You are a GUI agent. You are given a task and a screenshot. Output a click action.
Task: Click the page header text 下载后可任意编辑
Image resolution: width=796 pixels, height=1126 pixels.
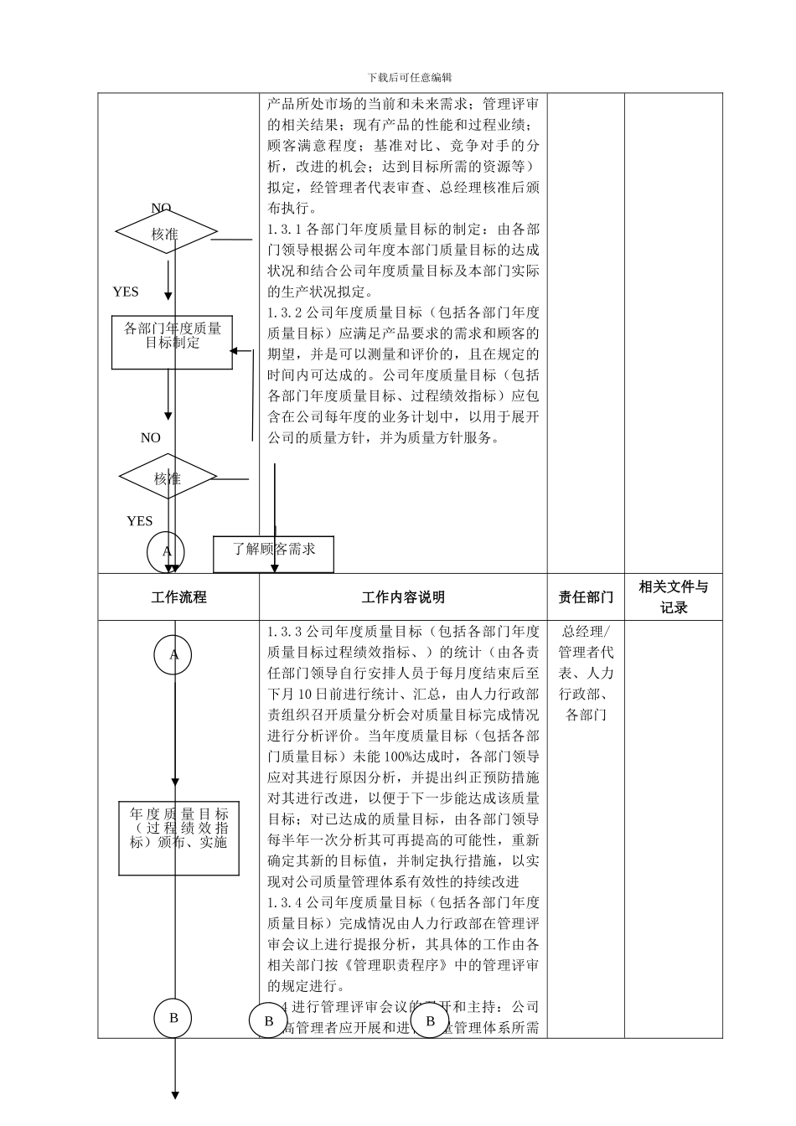[410, 77]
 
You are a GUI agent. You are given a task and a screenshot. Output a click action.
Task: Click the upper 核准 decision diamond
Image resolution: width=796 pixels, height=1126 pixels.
[166, 233]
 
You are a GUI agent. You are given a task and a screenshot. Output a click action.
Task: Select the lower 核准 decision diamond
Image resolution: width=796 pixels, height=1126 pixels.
[168, 478]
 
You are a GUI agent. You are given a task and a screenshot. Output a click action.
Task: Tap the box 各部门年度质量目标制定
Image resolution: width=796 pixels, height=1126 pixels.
[173, 342]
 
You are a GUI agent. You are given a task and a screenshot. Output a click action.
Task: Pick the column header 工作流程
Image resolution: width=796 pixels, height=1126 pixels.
[178, 597]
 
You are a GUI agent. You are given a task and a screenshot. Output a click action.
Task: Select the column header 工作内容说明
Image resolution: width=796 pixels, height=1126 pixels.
[403, 597]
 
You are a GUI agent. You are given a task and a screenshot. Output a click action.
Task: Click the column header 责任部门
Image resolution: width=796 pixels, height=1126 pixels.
[586, 597]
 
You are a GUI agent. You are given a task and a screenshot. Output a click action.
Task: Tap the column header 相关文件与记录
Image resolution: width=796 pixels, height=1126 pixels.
[673, 597]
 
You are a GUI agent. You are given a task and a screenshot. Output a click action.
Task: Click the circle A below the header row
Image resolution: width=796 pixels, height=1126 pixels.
[173, 655]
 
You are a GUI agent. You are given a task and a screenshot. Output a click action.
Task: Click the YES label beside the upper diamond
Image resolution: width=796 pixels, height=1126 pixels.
[126, 292]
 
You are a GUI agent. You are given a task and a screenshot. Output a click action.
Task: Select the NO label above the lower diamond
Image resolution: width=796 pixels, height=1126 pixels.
[150, 437]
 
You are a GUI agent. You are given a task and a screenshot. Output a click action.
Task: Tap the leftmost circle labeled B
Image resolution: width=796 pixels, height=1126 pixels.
[173, 1018]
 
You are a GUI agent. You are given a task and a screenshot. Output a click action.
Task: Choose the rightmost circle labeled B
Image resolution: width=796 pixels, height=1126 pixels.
[431, 1020]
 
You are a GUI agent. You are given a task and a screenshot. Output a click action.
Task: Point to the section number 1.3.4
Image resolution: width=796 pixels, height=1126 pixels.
[286, 902]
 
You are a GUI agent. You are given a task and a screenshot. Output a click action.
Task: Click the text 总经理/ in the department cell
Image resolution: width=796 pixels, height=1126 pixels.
[586, 632]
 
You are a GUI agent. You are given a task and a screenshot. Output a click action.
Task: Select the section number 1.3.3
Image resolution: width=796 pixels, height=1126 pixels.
[286, 632]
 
